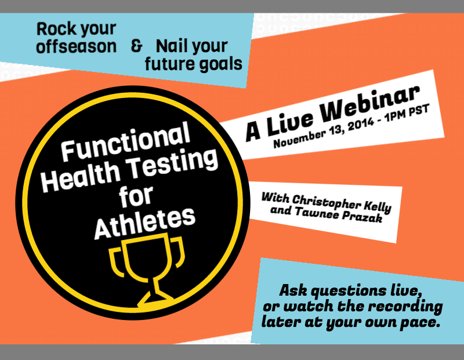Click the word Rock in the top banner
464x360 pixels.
click(53, 28)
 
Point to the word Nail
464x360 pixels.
click(172, 46)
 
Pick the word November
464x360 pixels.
click(300, 137)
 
